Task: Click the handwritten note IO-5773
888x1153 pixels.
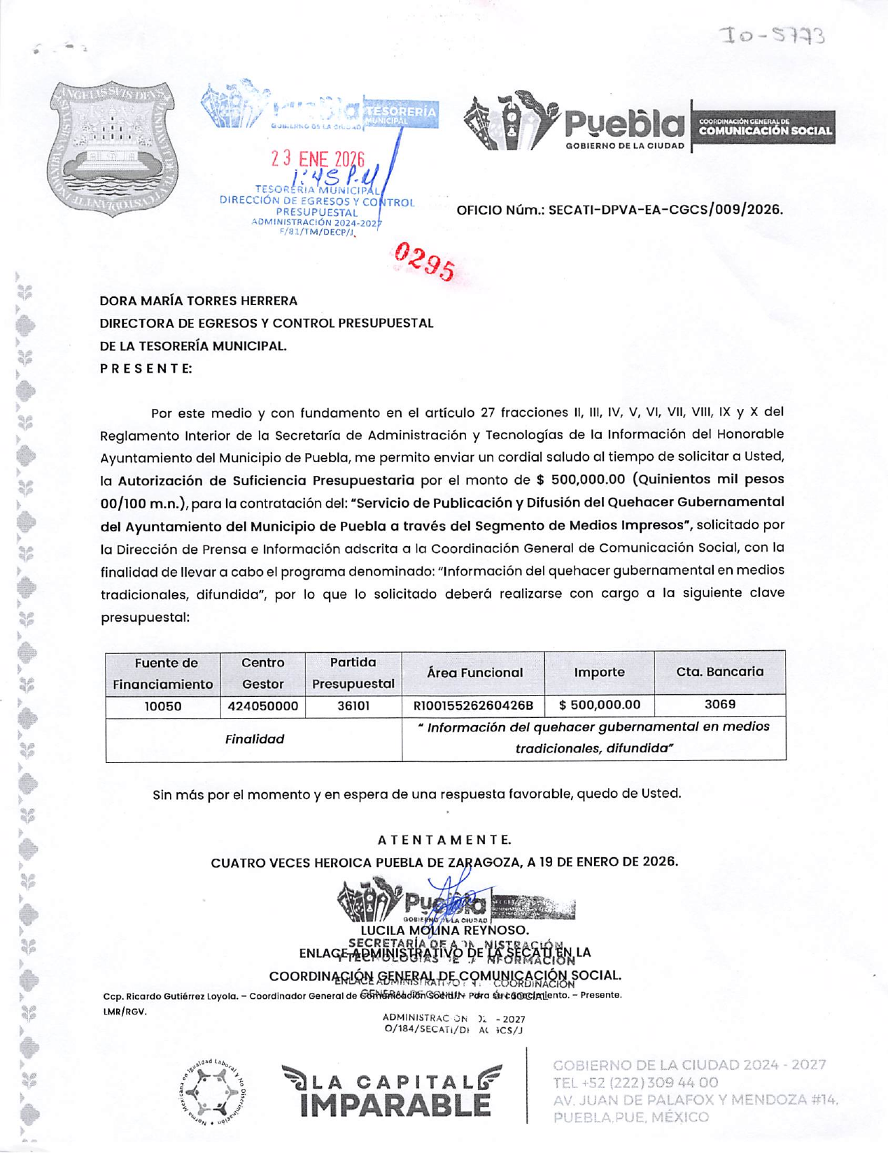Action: [774, 35]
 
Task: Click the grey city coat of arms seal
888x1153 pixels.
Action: [113, 148]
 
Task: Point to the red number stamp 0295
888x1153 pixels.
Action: [424, 262]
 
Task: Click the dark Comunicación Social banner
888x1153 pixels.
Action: [764, 127]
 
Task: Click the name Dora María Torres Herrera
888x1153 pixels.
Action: [199, 301]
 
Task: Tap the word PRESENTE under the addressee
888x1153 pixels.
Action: [146, 368]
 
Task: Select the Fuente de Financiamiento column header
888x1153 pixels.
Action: [163, 673]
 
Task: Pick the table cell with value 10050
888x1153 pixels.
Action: [163, 706]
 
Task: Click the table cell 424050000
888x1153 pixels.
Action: [262, 706]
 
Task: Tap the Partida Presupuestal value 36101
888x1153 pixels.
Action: [353, 706]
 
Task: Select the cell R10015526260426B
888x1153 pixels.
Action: [474, 706]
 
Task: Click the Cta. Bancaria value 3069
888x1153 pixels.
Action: [719, 705]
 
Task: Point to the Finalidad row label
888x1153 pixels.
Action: [254, 739]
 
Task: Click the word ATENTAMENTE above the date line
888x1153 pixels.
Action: [444, 840]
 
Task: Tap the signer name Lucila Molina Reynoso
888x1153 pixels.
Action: [444, 931]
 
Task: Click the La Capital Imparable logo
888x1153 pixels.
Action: [392, 1091]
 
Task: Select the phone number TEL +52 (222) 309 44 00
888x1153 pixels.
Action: [635, 1082]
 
